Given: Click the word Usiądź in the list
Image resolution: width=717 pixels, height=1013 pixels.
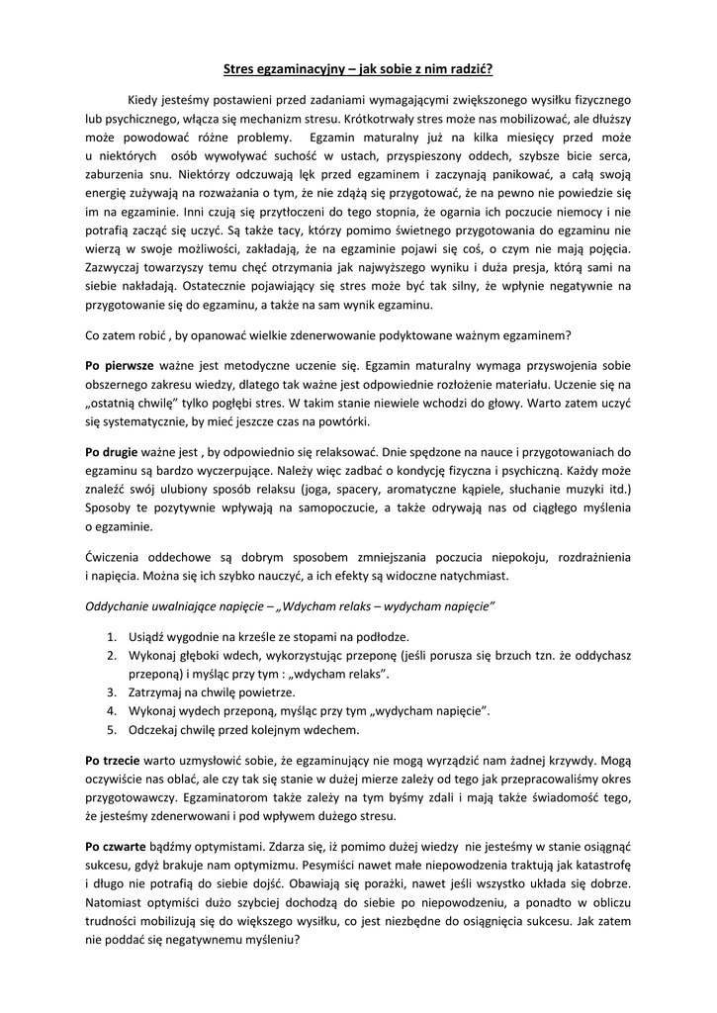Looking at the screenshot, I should [x=147, y=636].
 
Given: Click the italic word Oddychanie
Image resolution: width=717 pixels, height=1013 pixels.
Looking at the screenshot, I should [x=119, y=602].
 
